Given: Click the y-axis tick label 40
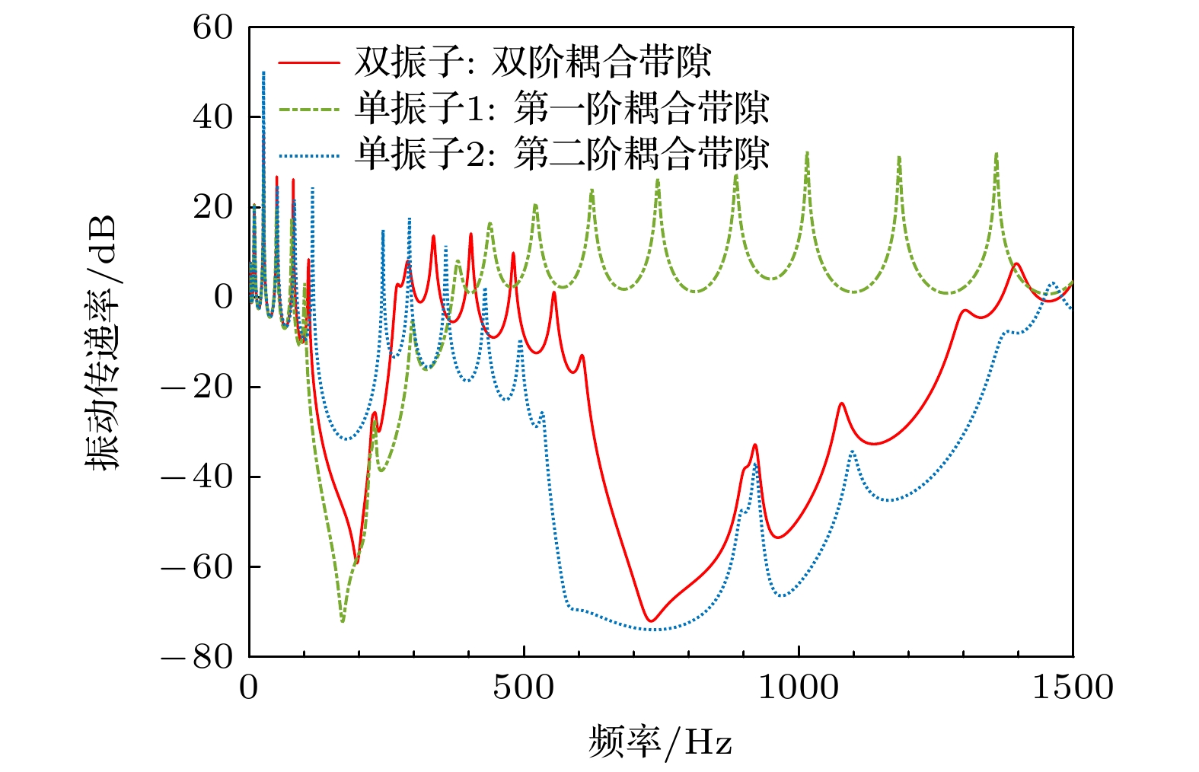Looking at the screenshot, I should coord(213,117).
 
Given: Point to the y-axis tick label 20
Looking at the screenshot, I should coord(213,207).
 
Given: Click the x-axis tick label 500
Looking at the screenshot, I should coord(524,687).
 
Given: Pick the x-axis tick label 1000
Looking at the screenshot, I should coord(799,687).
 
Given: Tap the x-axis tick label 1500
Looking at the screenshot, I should coord(1072,687).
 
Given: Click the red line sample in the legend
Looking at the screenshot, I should coord(308,62).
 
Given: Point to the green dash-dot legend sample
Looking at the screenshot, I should coord(308,110).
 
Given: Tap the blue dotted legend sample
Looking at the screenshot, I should coord(308,156).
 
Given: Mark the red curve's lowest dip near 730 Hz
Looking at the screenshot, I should coord(650,620).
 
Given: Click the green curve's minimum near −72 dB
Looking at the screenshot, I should coord(343,621).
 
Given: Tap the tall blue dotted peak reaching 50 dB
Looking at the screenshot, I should coord(263,73).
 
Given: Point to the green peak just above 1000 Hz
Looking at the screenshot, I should coord(807,155).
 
